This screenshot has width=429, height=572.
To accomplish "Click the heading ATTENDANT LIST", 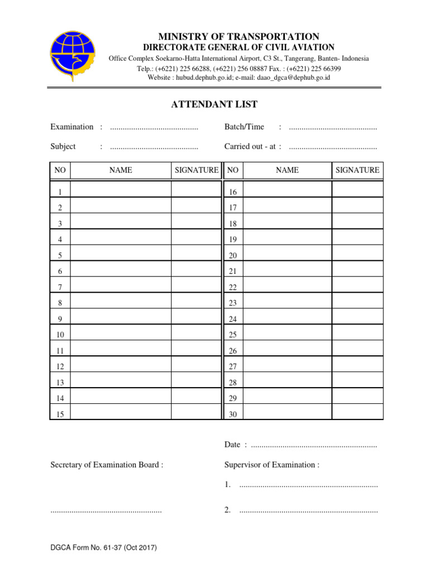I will point(214,104).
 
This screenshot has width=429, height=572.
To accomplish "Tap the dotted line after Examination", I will point(154,128).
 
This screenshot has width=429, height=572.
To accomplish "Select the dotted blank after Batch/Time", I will point(333,128).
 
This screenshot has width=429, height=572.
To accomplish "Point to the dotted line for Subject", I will point(154,147).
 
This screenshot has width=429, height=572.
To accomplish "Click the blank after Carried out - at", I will point(333,147).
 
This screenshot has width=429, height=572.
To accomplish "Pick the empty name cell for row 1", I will point(120,190).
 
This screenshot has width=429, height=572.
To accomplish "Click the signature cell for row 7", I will point(196,285).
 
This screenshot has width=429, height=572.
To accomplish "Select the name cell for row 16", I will point(288,190).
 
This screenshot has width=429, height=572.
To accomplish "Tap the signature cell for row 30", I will point(357,412).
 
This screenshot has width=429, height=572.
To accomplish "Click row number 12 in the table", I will point(60,366).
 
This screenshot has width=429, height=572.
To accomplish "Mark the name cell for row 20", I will point(288,254).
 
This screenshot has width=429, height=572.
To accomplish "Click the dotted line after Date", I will point(314,445).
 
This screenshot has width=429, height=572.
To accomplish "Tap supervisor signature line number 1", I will point(308,485).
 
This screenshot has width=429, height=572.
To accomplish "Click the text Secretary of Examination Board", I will point(107,465).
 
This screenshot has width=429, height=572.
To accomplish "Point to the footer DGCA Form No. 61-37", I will point(103,548).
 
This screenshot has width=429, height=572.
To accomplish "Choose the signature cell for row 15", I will point(196,412).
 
